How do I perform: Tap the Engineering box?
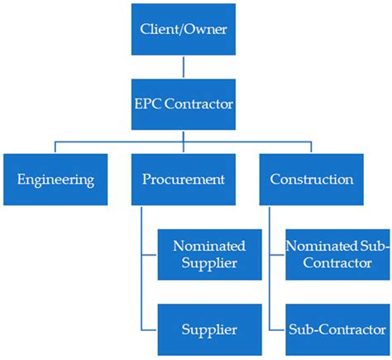coord(55,179)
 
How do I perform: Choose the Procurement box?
coord(183,179)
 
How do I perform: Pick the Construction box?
coord(311,179)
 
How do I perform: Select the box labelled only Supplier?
coord(210,329)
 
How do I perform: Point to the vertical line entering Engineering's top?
coord(55,148)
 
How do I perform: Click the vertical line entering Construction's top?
coord(311,148)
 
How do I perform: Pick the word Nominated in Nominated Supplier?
coord(210,245)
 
